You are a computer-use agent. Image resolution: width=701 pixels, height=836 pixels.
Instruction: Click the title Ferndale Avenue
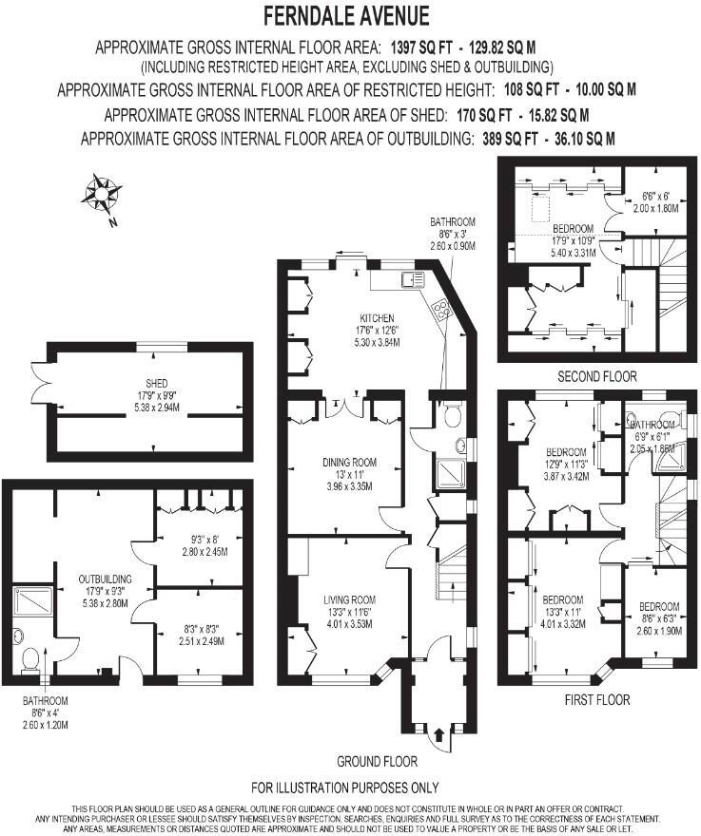tap(346, 16)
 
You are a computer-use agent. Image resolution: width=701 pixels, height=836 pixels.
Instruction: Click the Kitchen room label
tap(377, 318)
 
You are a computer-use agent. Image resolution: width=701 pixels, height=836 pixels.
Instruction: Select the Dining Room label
tap(350, 463)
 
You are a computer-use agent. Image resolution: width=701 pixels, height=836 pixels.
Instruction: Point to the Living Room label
tap(350, 599)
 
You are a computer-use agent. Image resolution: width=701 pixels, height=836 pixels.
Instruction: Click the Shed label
tap(152, 384)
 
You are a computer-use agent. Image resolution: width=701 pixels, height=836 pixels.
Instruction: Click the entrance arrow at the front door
tap(438, 734)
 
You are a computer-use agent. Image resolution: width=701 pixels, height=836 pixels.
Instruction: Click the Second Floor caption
tap(597, 376)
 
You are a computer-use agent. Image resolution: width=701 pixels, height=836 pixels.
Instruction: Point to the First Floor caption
tap(596, 699)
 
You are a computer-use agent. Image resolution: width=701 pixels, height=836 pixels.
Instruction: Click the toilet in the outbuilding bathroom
tap(29, 655)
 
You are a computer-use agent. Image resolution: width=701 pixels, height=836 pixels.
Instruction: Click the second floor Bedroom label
tap(573, 228)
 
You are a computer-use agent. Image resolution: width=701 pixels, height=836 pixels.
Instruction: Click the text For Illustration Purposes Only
tap(344, 788)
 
